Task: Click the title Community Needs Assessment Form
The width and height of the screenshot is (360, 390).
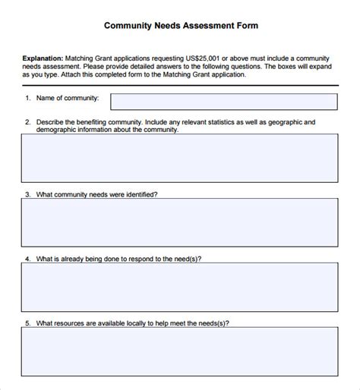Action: click(x=181, y=25)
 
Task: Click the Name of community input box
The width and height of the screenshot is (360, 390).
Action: click(x=223, y=102)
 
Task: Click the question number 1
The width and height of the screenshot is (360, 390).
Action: click(x=28, y=99)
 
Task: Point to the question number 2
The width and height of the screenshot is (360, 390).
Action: click(x=28, y=121)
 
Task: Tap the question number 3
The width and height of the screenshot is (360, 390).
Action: click(x=28, y=194)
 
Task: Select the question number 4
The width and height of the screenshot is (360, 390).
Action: click(x=28, y=259)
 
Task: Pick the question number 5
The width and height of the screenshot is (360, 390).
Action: click(x=28, y=323)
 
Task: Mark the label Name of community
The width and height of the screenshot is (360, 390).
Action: click(x=67, y=99)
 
